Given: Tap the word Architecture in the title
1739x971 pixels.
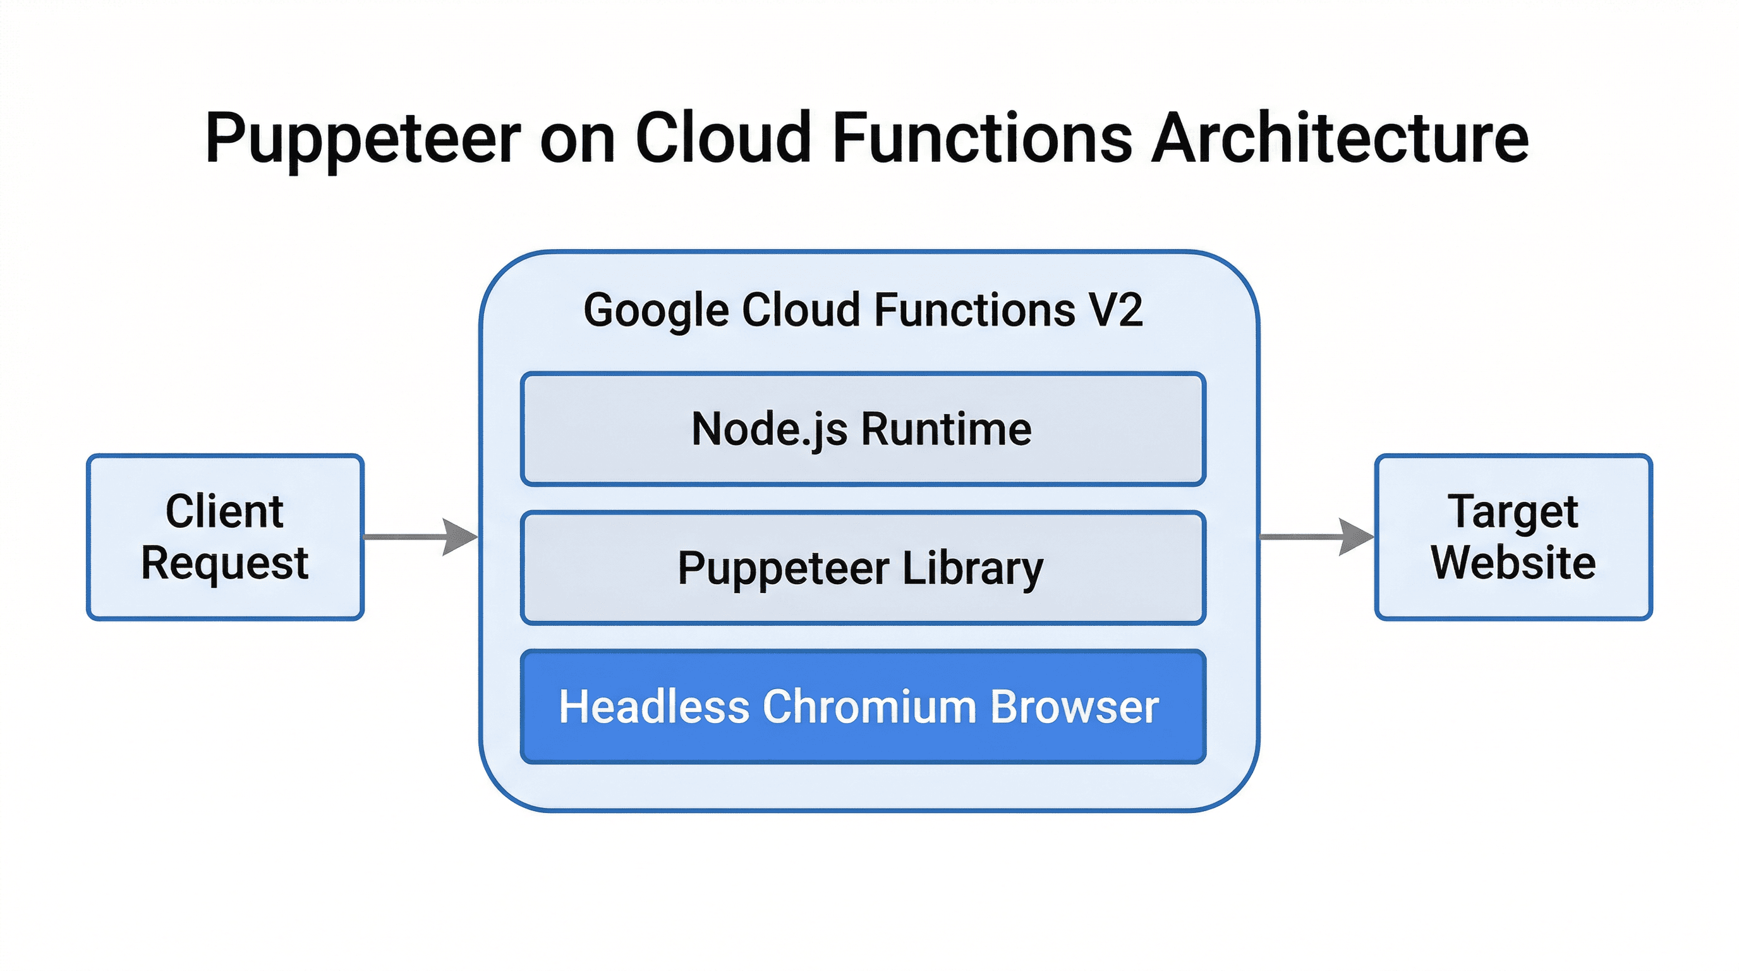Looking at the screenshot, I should pos(1340,138).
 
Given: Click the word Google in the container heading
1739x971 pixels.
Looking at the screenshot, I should pos(655,311).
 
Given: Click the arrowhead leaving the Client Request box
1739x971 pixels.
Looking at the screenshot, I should pos(460,537).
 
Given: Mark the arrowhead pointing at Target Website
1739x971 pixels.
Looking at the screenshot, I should pos(1355,537).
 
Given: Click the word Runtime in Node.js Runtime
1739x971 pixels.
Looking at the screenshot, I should pos(947,429).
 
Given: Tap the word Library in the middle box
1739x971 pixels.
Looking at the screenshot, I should pos(972,568).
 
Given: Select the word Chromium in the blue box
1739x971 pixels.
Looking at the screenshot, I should pos(869,707).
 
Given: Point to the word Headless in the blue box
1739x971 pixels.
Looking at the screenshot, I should pos(653,707).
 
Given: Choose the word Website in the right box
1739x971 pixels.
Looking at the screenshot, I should pos(1513,563).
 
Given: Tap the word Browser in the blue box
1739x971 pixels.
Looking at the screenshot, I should pos(1075,707).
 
